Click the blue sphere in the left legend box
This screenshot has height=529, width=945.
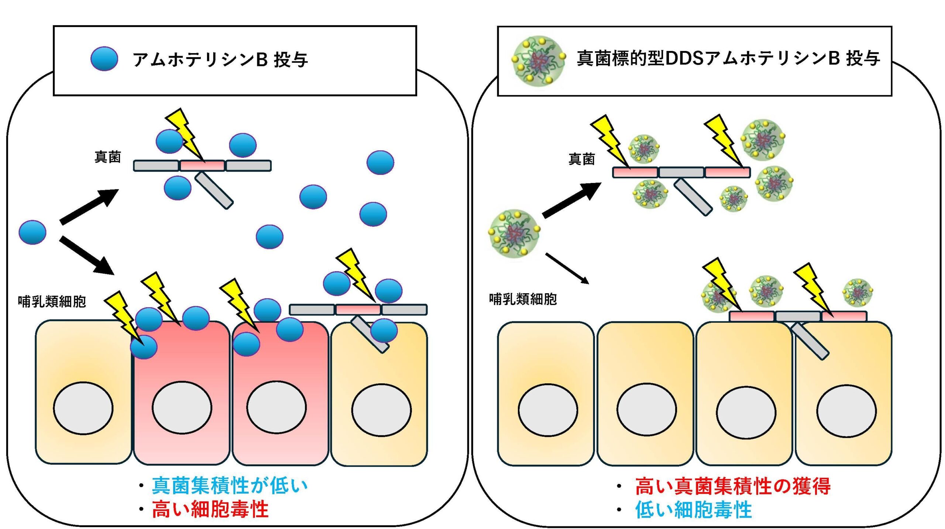[x=104, y=59]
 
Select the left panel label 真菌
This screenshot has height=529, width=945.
[x=107, y=157]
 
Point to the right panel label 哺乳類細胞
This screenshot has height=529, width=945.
[x=523, y=299]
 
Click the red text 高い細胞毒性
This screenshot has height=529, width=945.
[x=210, y=509]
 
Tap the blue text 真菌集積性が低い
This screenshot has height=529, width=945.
[x=230, y=485]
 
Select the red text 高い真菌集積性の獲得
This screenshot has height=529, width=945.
[x=733, y=486]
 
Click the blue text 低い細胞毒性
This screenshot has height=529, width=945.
[x=693, y=510]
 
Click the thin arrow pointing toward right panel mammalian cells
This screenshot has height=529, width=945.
[x=567, y=268]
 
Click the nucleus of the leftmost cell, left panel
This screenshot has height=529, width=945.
[x=83, y=408]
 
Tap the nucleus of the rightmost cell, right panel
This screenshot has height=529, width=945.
[x=846, y=411]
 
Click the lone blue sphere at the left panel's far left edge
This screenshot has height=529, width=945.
[x=32, y=232]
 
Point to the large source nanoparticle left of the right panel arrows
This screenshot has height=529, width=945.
[x=514, y=234]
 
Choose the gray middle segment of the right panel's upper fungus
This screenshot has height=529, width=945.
[x=681, y=172]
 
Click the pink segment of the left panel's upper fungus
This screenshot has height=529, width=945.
[x=202, y=166]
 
